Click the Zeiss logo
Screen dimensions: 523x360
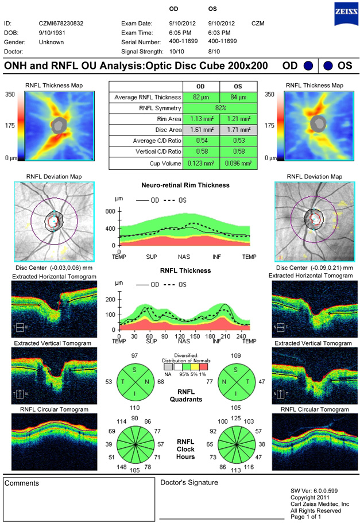pyautogui.click(x=344, y=11)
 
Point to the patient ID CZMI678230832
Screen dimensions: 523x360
pyautogui.click(x=60, y=24)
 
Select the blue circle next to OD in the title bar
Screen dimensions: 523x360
pyautogui.click(x=308, y=66)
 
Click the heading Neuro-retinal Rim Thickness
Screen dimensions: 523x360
pyautogui.click(x=185, y=185)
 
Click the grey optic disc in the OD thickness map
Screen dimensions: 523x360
pyautogui.click(x=58, y=125)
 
